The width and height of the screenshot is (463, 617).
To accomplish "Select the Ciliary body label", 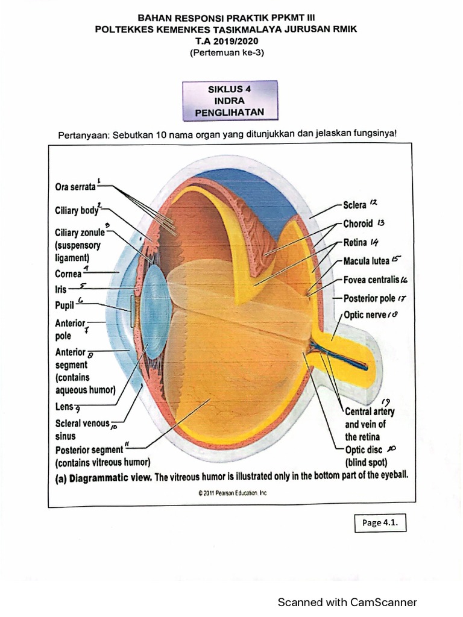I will (76, 211).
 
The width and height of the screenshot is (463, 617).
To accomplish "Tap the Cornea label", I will (68, 273).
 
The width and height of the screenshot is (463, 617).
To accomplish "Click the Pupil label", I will (65, 305).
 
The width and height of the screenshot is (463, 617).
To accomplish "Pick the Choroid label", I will (358, 223).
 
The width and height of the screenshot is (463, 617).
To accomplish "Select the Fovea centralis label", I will (371, 280).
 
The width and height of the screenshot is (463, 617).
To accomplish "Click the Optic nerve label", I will (365, 315).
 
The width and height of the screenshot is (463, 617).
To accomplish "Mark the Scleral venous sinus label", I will (83, 428).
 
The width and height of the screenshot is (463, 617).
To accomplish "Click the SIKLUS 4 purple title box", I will (230, 100).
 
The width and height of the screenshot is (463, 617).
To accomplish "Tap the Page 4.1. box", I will (380, 522).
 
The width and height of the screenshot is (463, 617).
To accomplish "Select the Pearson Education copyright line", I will (233, 493).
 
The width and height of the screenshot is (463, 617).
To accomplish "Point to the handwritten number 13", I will (381, 222).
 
